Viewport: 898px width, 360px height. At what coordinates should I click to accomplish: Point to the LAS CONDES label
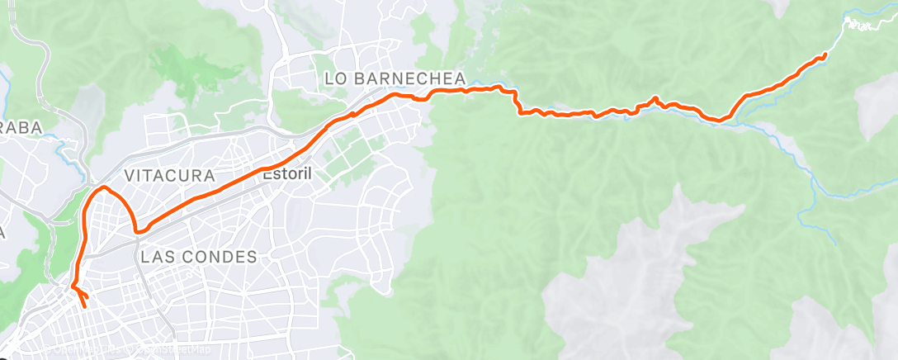click(x=199, y=257)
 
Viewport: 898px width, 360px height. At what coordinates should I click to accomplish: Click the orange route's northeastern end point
click(x=825, y=55)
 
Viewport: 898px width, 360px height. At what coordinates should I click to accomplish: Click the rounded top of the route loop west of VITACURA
click(x=104, y=189)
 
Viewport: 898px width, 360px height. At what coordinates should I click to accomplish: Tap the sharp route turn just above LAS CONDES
click(x=138, y=230)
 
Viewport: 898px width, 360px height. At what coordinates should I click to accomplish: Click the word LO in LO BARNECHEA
click(x=334, y=78)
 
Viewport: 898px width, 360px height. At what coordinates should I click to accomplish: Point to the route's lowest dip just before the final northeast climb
click(x=720, y=121)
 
